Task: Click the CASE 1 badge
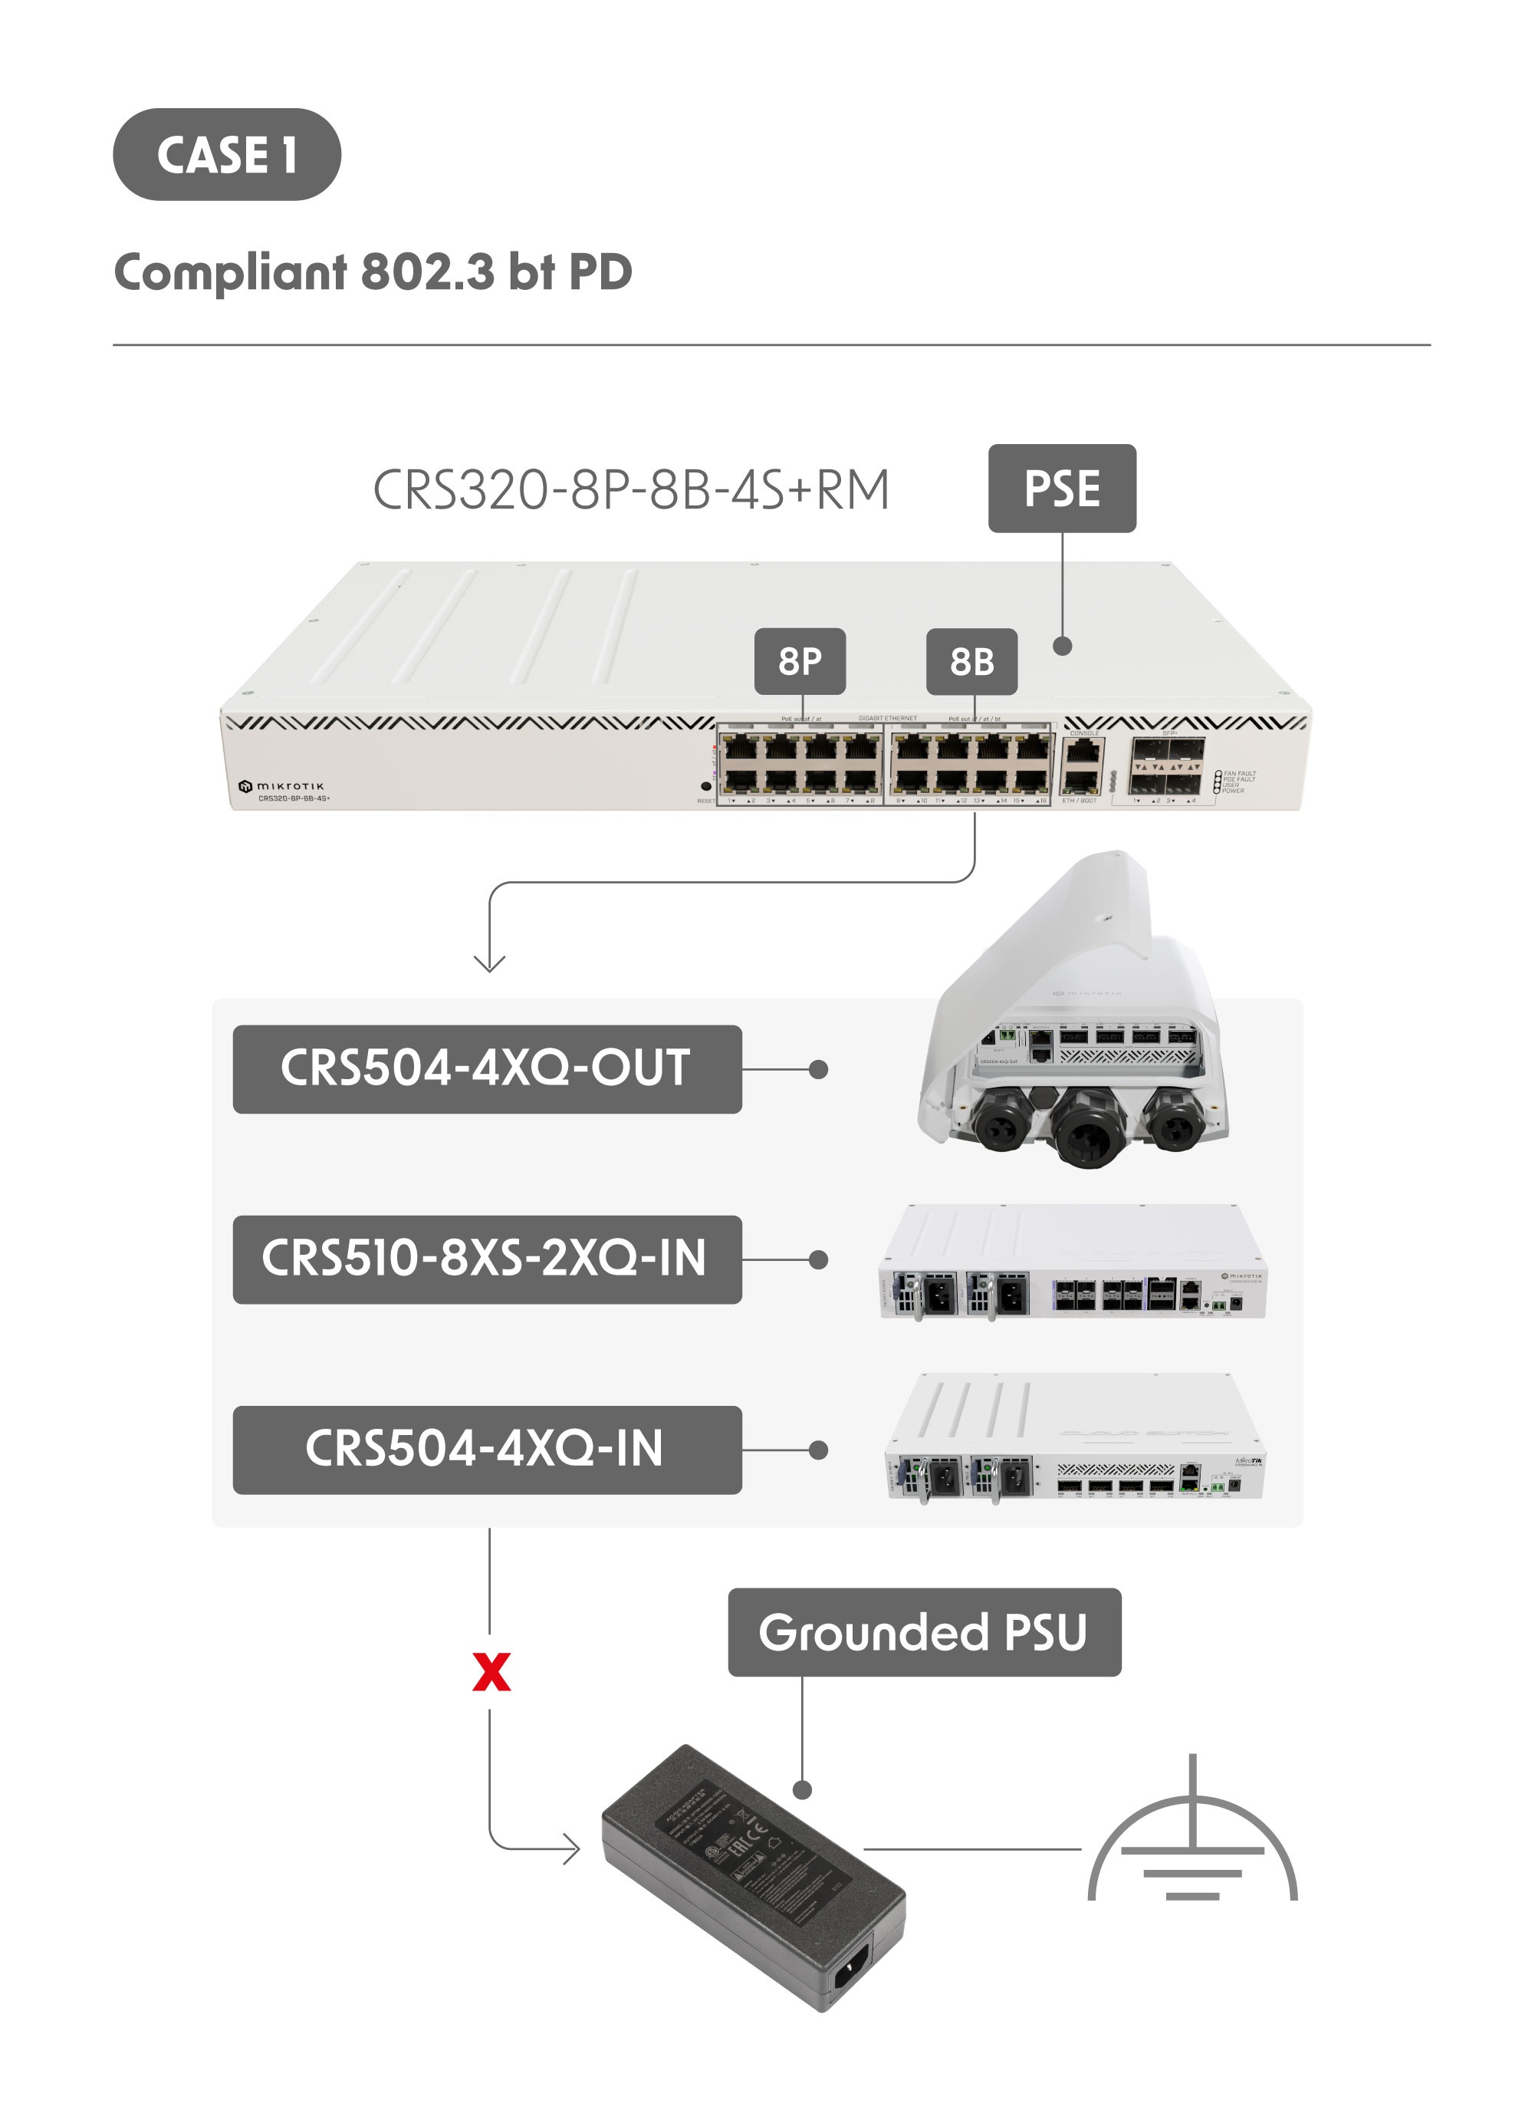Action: (x=226, y=154)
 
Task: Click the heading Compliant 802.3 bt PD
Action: (x=373, y=272)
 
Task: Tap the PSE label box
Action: (x=1061, y=489)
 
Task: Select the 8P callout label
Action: (x=800, y=661)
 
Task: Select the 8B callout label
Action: (x=971, y=661)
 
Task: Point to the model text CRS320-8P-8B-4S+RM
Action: (x=631, y=491)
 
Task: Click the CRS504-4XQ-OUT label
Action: (x=487, y=1069)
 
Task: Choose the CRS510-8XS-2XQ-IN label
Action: (x=487, y=1259)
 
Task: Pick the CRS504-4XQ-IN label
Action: (x=487, y=1449)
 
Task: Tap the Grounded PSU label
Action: (x=924, y=1631)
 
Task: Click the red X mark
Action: (x=491, y=1673)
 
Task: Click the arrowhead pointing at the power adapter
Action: (x=572, y=1848)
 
